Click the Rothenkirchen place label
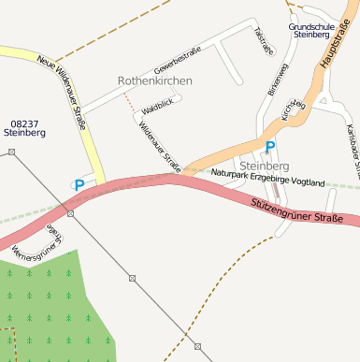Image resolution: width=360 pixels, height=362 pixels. [155, 81]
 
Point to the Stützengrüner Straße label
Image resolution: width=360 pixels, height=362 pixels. [296, 210]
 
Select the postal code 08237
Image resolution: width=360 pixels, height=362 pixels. [24, 123]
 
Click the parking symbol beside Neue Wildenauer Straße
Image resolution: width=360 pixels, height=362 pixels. [79, 185]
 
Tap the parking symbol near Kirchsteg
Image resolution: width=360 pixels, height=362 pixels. [270, 147]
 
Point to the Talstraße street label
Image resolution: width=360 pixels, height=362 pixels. [263, 41]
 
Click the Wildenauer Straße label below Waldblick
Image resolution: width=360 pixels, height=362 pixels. [160, 145]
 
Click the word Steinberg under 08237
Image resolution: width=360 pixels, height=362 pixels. [24, 134]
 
